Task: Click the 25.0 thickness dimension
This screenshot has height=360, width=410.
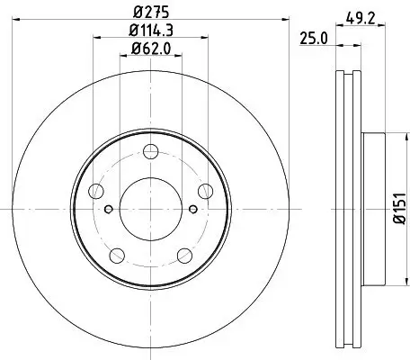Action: coord(313,38)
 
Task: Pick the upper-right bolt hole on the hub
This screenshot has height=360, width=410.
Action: coord(205,188)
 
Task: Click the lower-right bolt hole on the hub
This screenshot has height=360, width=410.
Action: coord(183,253)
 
